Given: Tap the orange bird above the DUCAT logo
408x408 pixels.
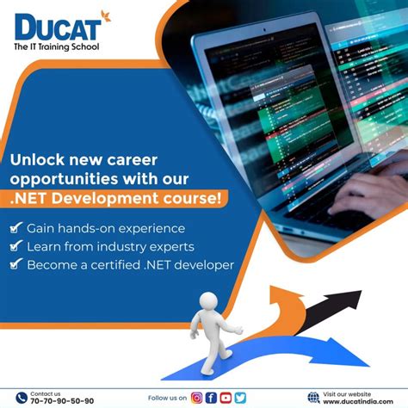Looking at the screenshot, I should (106, 14).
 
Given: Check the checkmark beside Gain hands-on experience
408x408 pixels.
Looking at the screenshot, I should (15, 229).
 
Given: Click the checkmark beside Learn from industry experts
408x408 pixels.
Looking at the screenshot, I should (15, 247).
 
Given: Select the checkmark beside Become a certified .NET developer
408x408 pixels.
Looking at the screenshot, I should (15, 265).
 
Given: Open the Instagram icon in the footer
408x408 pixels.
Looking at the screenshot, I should (197, 398).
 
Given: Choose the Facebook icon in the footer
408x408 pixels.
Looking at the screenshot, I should (211, 398).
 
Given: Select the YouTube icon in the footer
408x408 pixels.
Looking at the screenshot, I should (226, 398).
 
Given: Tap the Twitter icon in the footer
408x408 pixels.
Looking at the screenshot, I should (239, 398).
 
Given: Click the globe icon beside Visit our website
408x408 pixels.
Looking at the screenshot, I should (312, 397).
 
